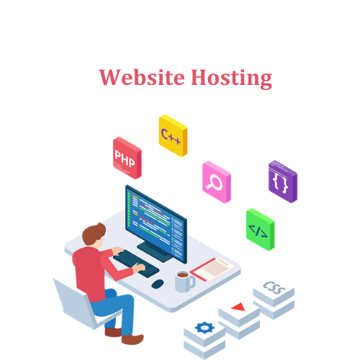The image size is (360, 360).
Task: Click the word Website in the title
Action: [142, 77]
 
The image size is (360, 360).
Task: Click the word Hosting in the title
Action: [232, 78]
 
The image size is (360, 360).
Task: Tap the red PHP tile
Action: [127, 158]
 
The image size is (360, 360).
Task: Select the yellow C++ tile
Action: [173, 135]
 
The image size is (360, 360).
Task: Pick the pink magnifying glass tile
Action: [217, 182]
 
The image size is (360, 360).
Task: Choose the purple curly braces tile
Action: [283, 181]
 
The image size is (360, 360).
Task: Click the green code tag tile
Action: [261, 230]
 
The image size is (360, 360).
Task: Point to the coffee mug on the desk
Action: [184, 281]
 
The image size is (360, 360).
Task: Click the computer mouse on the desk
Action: [158, 284]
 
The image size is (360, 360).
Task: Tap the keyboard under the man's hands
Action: [136, 264]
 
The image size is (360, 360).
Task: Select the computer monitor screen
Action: [156, 224]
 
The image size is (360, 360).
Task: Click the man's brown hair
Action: [93, 233]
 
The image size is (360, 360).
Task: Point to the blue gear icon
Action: [204, 328]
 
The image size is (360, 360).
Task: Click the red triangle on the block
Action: [239, 307]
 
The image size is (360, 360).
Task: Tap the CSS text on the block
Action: [274, 287]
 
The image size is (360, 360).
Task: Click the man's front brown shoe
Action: [132, 339]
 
